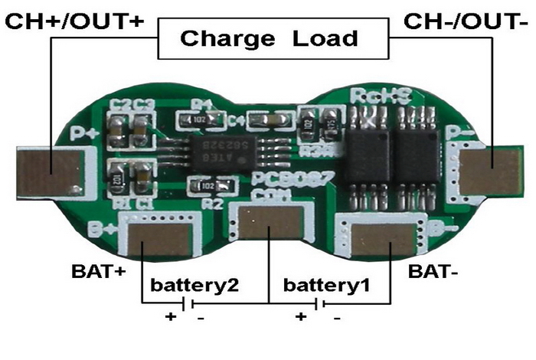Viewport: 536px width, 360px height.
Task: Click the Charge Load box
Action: click(268, 38)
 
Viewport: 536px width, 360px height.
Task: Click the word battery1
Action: click(327, 286)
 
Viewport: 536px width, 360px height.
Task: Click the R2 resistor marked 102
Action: click(208, 185)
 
